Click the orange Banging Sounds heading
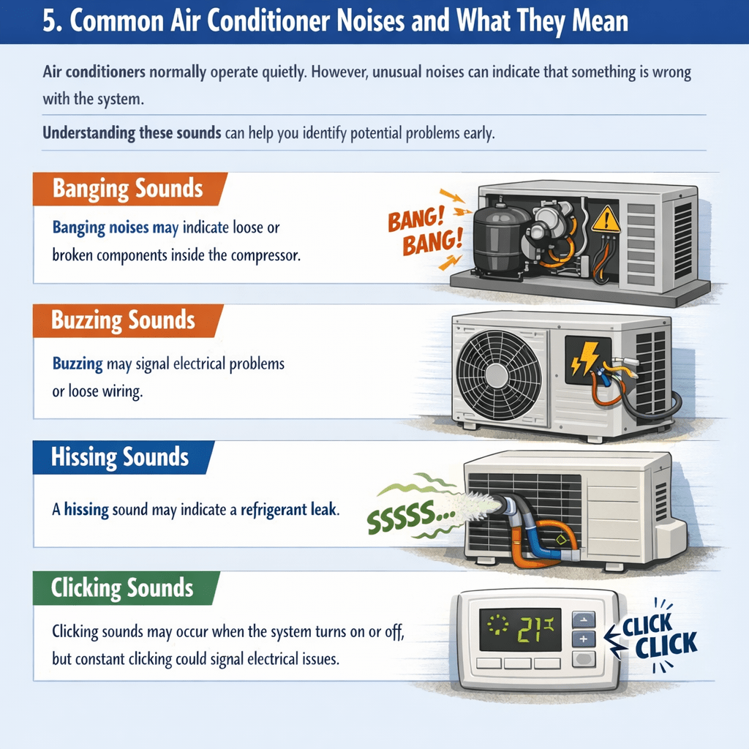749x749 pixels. [128, 188]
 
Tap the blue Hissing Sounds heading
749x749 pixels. [122, 457]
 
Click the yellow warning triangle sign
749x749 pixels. [606, 219]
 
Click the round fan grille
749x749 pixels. [498, 375]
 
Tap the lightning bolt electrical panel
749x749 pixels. [588, 359]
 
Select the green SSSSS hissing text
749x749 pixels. [410, 516]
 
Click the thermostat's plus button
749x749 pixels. [584, 639]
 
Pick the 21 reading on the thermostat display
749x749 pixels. [530, 630]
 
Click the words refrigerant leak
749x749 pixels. [290, 510]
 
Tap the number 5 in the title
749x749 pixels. [50, 22]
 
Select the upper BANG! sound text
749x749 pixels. [415, 219]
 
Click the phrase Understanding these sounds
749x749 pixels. [132, 133]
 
